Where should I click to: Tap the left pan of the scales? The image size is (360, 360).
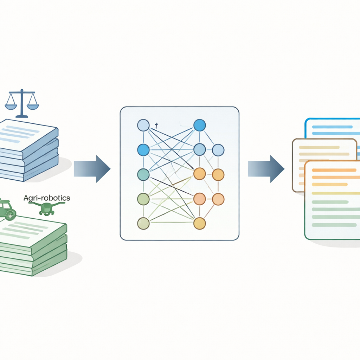(11, 107)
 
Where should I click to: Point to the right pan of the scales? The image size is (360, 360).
(33, 107)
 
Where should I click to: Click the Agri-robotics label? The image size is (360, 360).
(47, 198)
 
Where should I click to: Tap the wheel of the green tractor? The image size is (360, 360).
(9, 215)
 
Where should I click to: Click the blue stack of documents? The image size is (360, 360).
(27, 150)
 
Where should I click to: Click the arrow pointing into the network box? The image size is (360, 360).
(92, 169)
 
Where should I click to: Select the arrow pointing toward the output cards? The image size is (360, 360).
(266, 169)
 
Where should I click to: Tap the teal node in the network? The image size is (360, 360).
(143, 174)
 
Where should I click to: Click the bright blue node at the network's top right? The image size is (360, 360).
(200, 126)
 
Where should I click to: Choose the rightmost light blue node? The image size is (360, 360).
(218, 150)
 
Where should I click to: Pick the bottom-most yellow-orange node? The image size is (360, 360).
(200, 223)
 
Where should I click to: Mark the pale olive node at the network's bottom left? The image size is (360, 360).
(143, 223)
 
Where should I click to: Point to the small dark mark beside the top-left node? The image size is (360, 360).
(156, 126)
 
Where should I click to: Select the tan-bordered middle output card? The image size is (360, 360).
(298, 165)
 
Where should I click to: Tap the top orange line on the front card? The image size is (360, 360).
(334, 170)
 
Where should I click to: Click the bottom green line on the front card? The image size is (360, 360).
(334, 225)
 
